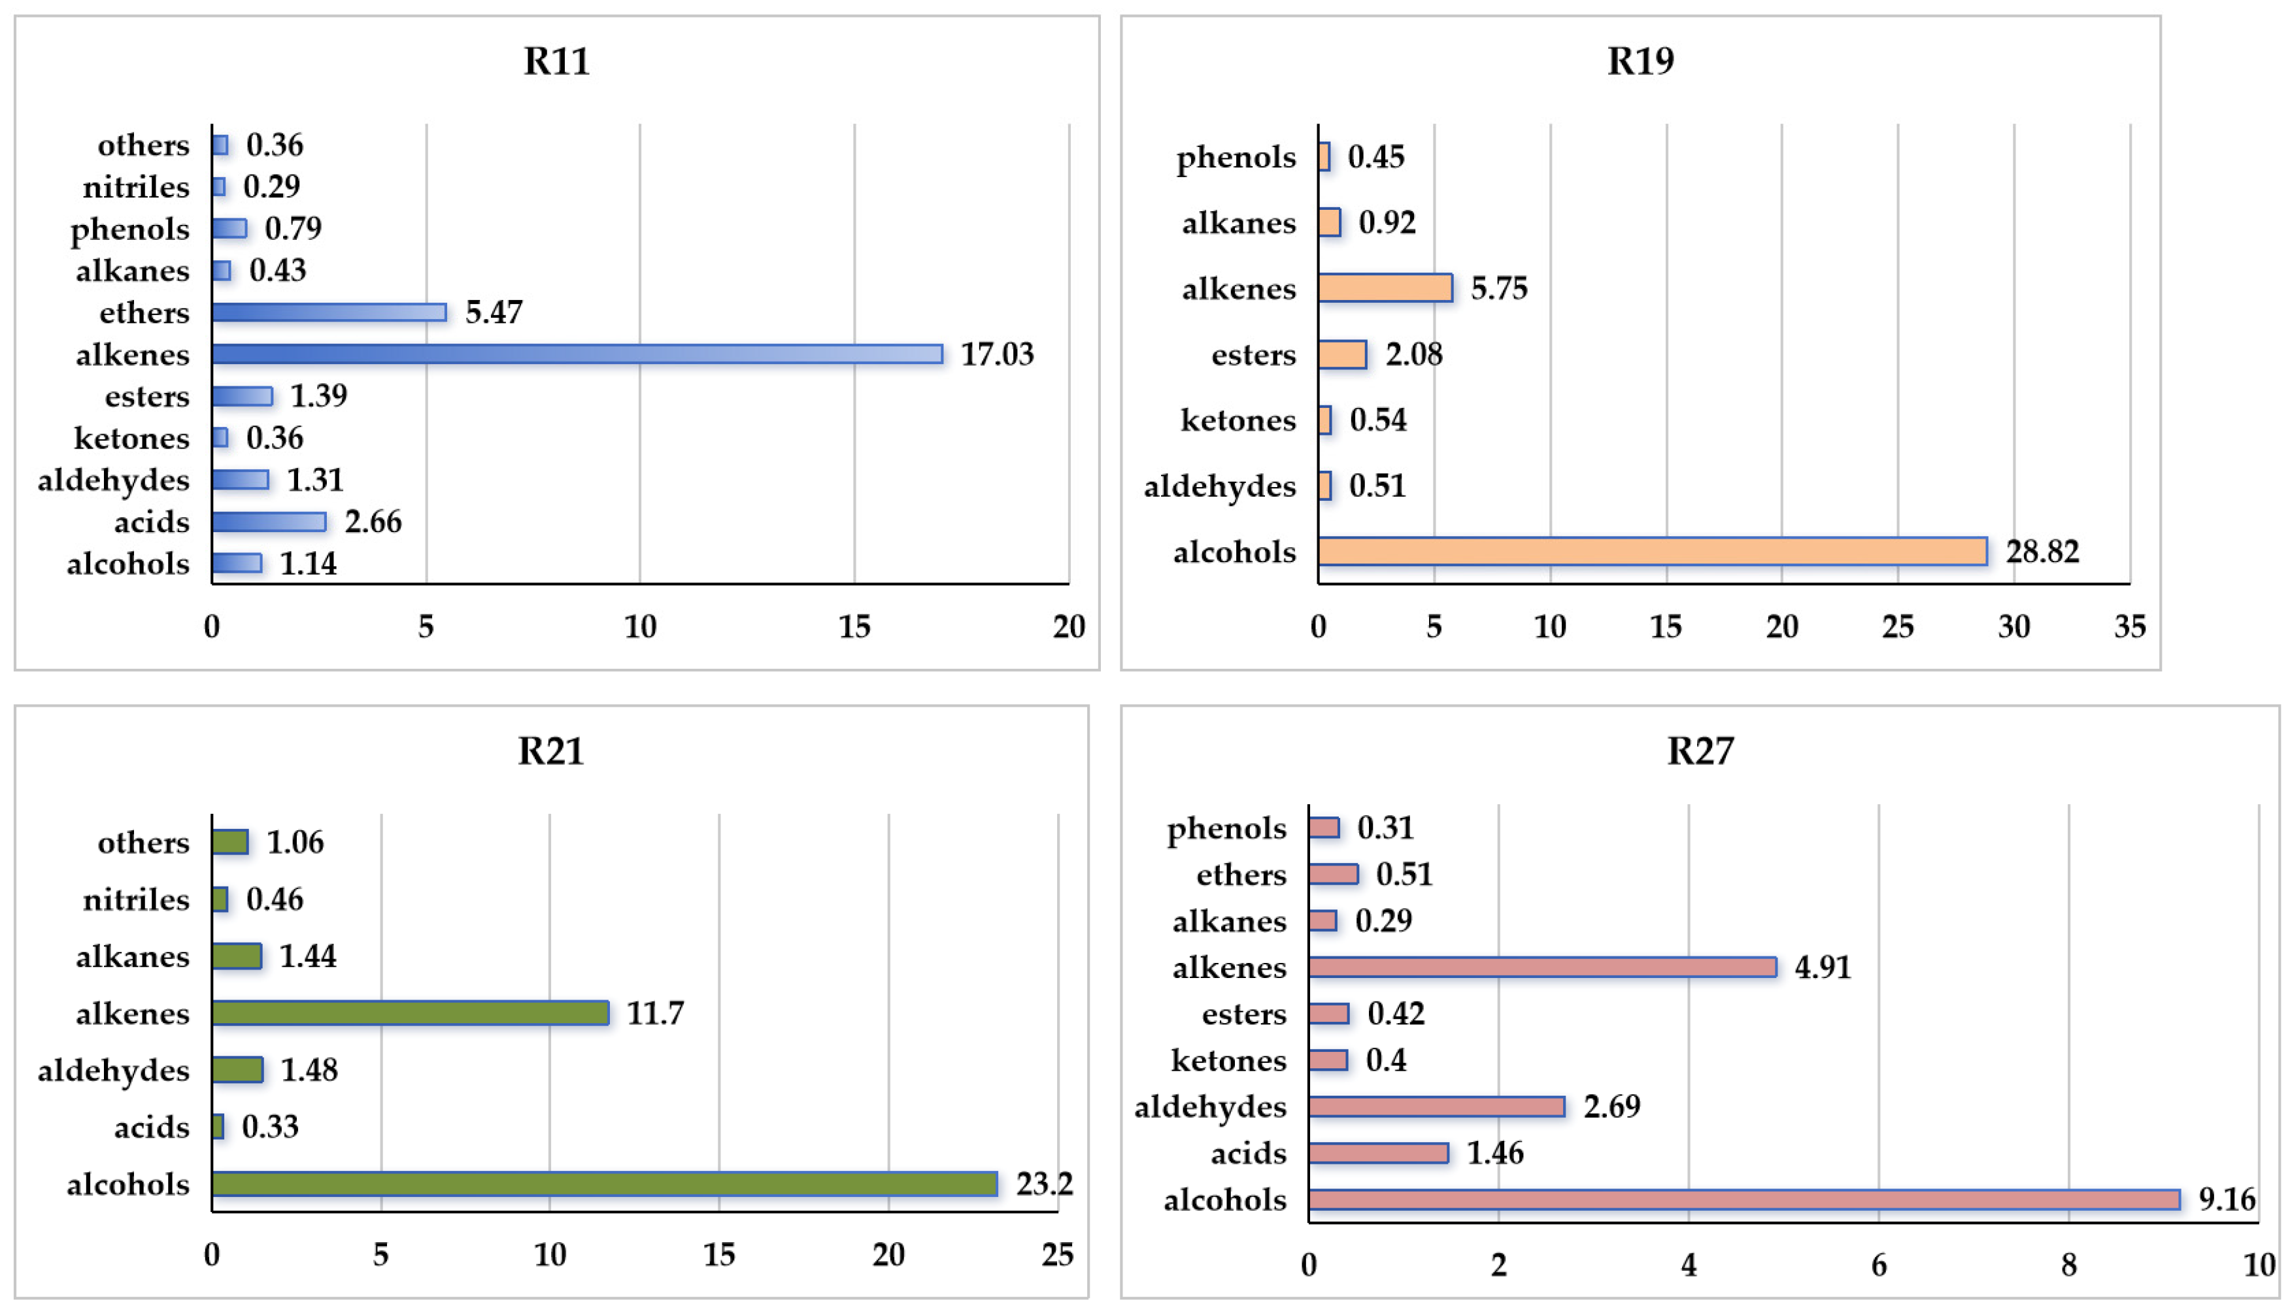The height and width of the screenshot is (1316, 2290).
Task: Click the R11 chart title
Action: point(557,61)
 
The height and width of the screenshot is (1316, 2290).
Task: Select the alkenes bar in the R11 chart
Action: point(577,354)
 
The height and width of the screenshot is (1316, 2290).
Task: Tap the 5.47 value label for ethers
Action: point(494,312)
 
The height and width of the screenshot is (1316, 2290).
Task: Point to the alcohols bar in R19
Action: point(1652,551)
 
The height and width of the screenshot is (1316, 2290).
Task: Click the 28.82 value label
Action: point(2042,551)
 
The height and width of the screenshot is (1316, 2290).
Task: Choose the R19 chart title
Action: point(1640,61)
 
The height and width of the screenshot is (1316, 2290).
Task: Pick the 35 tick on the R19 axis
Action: point(2130,626)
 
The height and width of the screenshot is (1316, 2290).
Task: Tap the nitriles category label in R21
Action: point(137,900)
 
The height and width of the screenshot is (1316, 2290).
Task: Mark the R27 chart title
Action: point(1700,751)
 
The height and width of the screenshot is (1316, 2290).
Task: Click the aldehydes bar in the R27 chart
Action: point(1436,1106)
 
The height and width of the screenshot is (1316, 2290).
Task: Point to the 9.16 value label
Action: point(2227,1200)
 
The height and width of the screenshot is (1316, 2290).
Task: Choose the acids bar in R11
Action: point(269,522)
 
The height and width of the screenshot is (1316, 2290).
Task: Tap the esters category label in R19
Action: point(1253,355)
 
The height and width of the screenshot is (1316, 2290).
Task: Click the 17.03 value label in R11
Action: point(997,354)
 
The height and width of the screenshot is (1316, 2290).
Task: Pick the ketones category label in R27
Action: point(1228,1060)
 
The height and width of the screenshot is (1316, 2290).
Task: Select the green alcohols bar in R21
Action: point(603,1184)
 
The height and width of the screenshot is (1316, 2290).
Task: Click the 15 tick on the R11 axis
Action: point(854,626)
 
